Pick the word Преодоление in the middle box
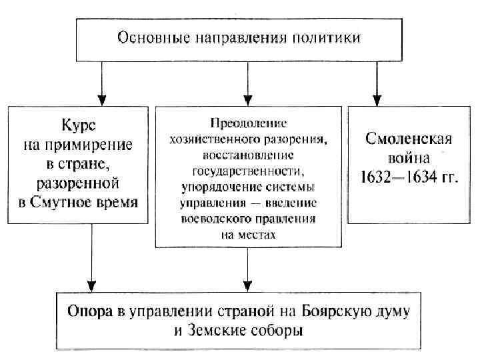coord(248,123)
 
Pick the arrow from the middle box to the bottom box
coord(248,267)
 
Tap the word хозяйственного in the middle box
coord(215,139)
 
